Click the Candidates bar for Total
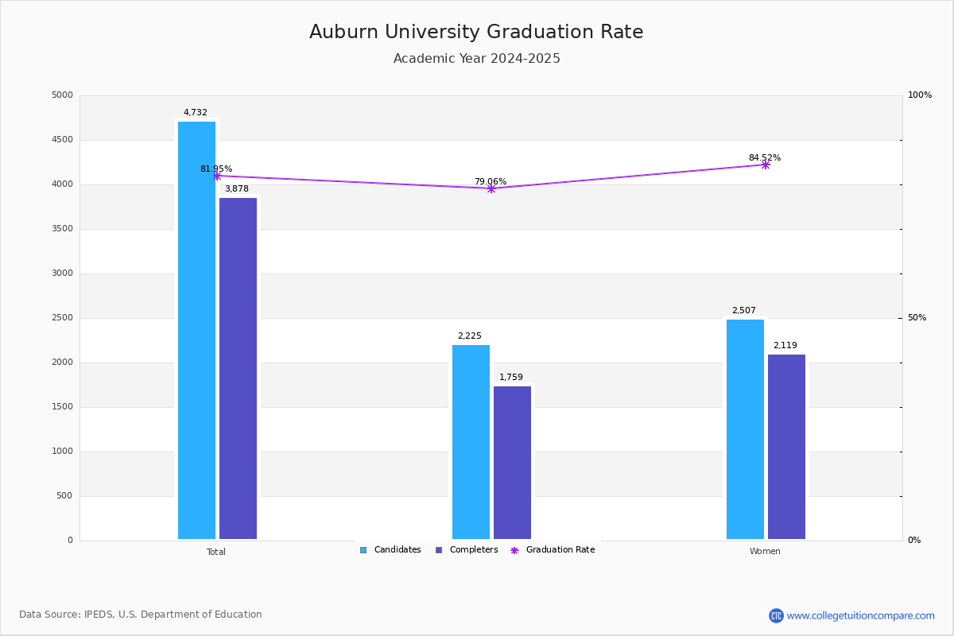point(196,330)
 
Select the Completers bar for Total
point(238,368)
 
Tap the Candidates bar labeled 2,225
point(471,442)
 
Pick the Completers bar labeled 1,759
point(512,463)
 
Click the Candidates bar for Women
point(745,429)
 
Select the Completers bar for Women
point(786,447)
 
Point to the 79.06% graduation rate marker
point(491,188)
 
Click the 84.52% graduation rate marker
point(766,165)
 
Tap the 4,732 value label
point(196,113)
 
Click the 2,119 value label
point(785,346)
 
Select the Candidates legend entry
point(390,550)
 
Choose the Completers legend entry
point(467,550)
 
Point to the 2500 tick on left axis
point(61,318)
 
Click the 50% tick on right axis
point(917,318)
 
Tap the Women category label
point(765,552)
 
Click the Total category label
point(216,552)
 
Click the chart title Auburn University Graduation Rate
point(476,33)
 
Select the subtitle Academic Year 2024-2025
point(476,59)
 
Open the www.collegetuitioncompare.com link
point(860,615)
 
